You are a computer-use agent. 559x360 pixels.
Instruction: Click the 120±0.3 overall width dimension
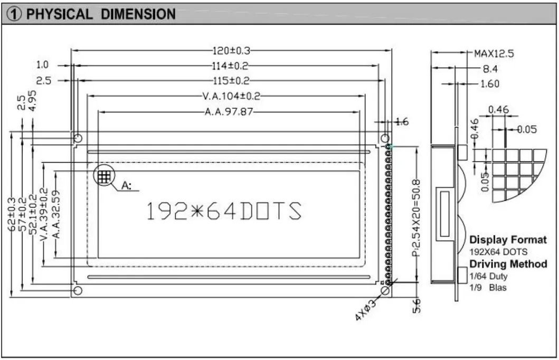pos(231,51)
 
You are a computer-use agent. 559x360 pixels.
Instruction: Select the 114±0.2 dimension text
pos(231,66)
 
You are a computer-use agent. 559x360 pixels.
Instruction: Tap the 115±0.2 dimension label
pos(231,81)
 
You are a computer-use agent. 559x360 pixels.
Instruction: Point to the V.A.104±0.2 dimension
pos(231,96)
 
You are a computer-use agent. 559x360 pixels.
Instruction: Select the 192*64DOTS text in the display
pos(223,211)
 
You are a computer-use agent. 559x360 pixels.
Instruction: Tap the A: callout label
pos(127,185)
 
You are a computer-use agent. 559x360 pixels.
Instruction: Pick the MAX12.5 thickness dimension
pos(494,53)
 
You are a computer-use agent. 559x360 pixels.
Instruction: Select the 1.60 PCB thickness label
pos(489,83)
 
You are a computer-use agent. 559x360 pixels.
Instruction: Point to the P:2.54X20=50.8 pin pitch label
pos(416,217)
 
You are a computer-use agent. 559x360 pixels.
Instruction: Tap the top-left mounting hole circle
pos(78,138)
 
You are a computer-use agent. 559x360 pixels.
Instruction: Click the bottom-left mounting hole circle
pos(78,291)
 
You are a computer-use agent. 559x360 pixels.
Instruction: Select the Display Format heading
pos(508,240)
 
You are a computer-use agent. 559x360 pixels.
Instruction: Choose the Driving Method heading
pos(508,264)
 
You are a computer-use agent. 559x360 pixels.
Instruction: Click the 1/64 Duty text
pos(488,276)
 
